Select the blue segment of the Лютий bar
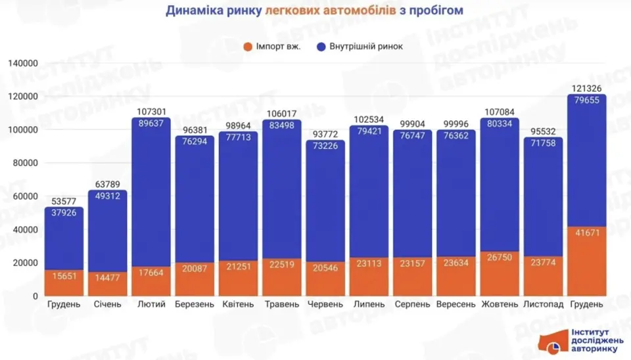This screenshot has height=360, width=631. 151,197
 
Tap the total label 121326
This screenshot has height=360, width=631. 586,89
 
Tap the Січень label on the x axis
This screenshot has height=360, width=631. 108,305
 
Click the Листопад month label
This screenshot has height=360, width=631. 542,305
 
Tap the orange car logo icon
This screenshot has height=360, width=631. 551,340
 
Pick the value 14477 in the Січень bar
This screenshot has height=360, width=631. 108,277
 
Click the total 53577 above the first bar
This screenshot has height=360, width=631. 64,202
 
